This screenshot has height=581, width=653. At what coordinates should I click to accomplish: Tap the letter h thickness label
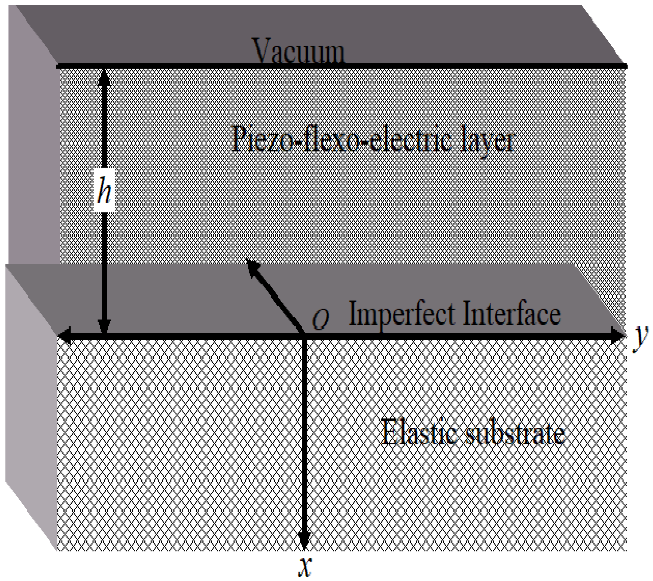click(104, 191)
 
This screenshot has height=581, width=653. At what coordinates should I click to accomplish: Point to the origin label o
click(320, 320)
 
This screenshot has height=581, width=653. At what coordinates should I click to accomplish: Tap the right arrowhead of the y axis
click(618, 336)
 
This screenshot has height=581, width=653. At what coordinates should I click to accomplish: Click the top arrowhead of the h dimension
click(104, 77)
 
